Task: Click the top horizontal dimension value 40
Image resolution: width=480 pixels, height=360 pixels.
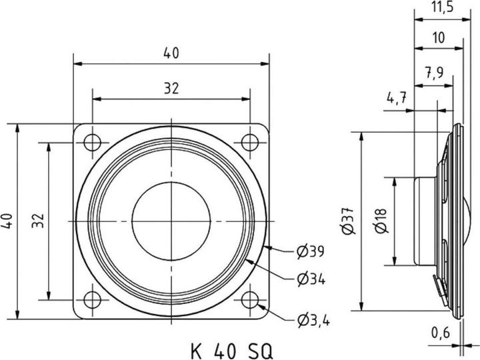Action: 171,54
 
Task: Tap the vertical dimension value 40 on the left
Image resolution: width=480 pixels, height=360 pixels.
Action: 7,219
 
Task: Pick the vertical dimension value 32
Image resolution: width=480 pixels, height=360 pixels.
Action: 38,219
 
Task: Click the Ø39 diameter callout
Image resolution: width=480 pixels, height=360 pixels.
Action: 310,252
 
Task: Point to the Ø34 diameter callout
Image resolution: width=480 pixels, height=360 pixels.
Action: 310,279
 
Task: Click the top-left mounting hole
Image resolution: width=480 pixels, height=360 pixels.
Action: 93,141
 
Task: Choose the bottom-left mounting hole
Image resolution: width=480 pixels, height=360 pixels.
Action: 93,299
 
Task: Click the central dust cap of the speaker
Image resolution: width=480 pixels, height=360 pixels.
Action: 171,221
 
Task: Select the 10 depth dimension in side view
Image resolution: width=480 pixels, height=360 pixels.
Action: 439,39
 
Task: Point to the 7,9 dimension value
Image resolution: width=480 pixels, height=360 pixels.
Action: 433,73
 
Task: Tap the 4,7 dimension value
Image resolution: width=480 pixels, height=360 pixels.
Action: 397,98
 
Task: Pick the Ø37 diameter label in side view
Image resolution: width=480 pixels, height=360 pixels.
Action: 349,220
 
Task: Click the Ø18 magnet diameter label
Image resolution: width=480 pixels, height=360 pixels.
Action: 381,220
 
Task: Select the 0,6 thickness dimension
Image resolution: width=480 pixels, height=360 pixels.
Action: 440,331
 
